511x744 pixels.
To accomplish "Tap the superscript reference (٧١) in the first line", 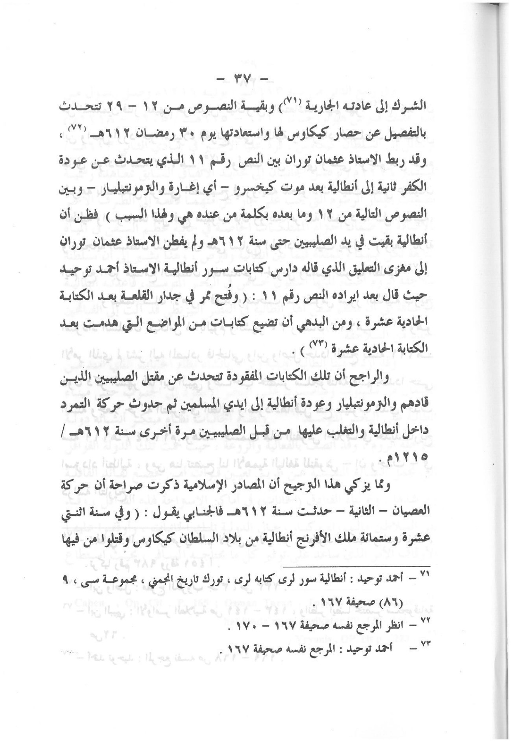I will tap(297, 103).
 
